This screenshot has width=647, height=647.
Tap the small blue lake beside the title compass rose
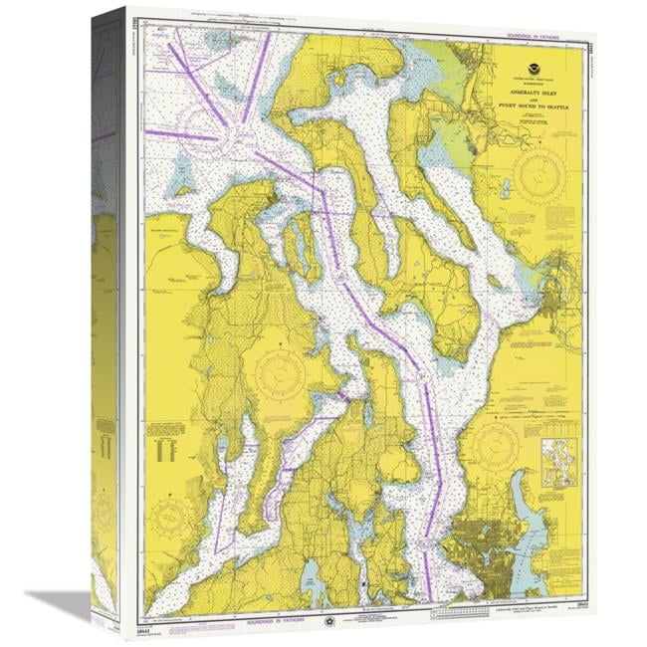[x=505, y=190]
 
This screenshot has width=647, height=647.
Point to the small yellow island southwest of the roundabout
[x=182, y=177]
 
